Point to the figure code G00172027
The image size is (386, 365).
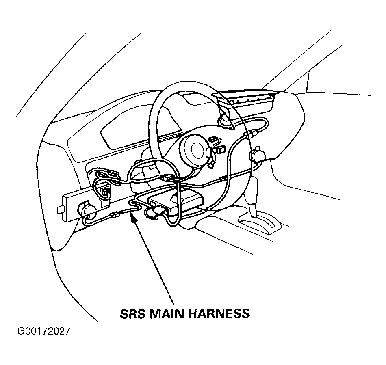[44, 331]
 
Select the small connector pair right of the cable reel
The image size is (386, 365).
[217, 145]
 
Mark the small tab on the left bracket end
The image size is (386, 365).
[61, 209]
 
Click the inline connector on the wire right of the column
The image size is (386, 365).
[222, 179]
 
